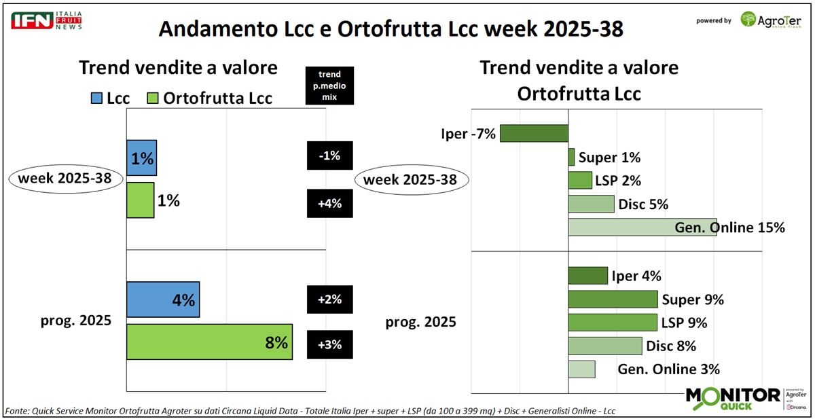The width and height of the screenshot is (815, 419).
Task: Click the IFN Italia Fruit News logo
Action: tap(46, 20)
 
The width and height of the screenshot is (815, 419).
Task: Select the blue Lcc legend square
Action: tap(96, 98)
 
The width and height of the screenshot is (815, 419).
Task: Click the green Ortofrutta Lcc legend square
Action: tap(153, 98)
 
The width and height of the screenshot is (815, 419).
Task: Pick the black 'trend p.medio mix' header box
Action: tap(329, 86)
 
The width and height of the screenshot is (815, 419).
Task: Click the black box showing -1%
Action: tap(330, 156)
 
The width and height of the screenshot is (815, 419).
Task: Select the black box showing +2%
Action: tap(330, 299)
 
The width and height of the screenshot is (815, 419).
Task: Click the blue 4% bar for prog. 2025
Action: tap(163, 299)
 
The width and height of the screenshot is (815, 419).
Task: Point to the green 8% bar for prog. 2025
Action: tap(209, 342)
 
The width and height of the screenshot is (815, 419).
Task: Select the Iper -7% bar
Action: tap(534, 133)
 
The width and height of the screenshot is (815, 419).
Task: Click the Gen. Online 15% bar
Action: tap(642, 227)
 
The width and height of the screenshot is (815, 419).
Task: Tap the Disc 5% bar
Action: tap(591, 204)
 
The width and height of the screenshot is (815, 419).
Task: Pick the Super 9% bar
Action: tap(613, 299)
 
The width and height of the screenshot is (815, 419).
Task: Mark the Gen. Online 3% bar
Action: tap(581, 369)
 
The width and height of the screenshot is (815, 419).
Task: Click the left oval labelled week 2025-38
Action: tap(65, 180)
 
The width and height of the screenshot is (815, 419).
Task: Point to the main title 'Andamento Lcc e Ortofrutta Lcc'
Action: tap(391, 29)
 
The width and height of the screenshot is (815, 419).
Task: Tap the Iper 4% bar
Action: tap(587, 276)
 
